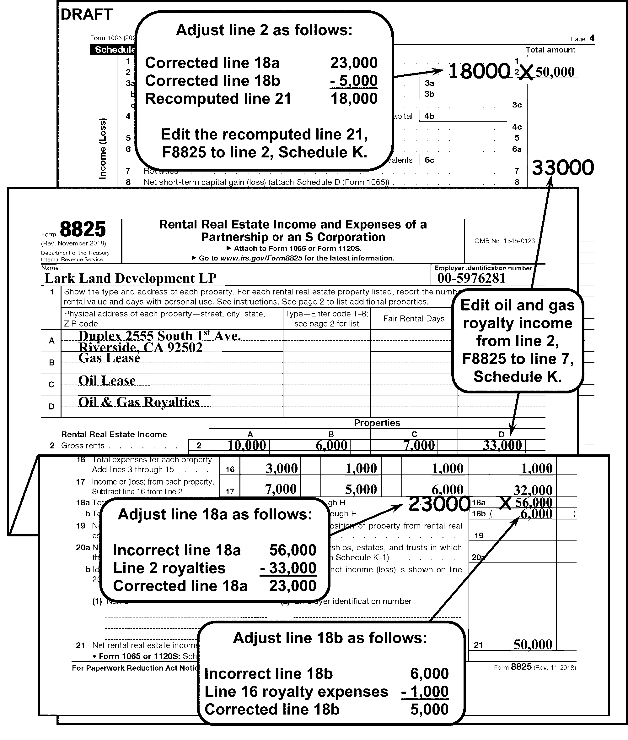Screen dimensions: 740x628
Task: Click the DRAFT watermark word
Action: coord(87,15)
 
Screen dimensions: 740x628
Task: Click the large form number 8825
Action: coord(83,229)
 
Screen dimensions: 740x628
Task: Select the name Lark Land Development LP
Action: coord(130,278)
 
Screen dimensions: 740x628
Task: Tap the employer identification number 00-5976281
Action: coord(471,278)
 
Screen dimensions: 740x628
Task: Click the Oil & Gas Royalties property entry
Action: coord(139,402)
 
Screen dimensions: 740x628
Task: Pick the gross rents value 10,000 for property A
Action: coord(247,445)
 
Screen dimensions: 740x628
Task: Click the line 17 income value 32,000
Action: coord(533,490)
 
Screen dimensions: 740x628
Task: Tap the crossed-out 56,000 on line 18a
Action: coord(533,502)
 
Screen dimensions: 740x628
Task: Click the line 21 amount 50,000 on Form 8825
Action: coord(533,644)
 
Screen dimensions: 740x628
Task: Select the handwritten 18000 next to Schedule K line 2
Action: coord(479,71)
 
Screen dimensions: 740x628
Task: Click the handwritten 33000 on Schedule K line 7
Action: coord(562,167)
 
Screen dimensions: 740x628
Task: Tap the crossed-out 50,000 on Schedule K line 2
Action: coord(555,72)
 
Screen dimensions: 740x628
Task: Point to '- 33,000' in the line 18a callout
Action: coord(288,568)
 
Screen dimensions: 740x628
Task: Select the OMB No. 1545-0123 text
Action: coord(504,241)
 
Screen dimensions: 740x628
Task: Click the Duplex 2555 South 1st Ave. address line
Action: coord(159,336)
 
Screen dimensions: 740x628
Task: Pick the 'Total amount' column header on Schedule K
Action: coord(550,50)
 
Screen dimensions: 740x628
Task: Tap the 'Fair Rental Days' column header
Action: coord(414,319)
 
